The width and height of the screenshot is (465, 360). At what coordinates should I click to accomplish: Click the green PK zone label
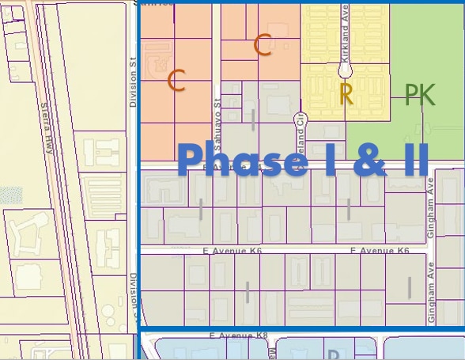(420, 95)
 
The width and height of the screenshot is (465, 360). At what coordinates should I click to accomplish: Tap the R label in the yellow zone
(346, 94)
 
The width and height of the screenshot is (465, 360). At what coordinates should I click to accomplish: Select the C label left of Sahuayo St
(177, 80)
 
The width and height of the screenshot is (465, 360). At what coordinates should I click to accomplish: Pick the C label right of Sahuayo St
(263, 46)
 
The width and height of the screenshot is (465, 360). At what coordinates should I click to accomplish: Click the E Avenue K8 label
(238, 335)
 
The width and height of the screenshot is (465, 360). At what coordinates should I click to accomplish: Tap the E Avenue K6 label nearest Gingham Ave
(380, 251)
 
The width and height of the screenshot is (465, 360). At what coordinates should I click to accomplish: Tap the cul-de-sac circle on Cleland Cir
(299, 119)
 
